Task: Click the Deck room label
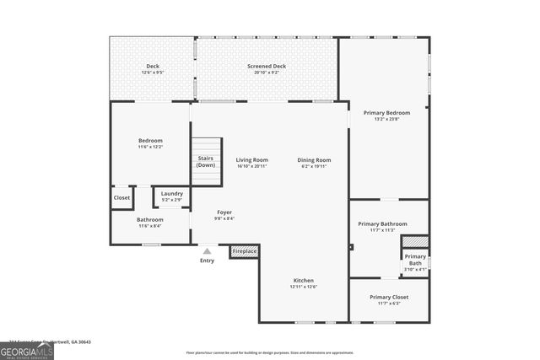[x=153, y=66]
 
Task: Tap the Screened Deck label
[x=267, y=66]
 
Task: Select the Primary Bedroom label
[x=386, y=112]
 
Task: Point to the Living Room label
[x=251, y=159]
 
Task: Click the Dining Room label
[x=314, y=159]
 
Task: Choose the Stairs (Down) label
[x=206, y=161]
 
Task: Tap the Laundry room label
[x=172, y=193]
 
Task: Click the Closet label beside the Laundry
[x=121, y=199]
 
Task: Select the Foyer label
[x=224, y=212]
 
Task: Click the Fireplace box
[x=245, y=251]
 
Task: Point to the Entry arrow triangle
[x=207, y=250]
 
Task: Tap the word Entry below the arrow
[x=207, y=261]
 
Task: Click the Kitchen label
[x=304, y=280]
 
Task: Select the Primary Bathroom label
[x=382, y=223]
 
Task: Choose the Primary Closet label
[x=389, y=297]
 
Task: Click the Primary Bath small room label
[x=415, y=260]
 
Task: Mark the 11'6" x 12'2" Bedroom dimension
[x=151, y=147]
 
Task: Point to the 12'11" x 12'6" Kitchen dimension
[x=304, y=287]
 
